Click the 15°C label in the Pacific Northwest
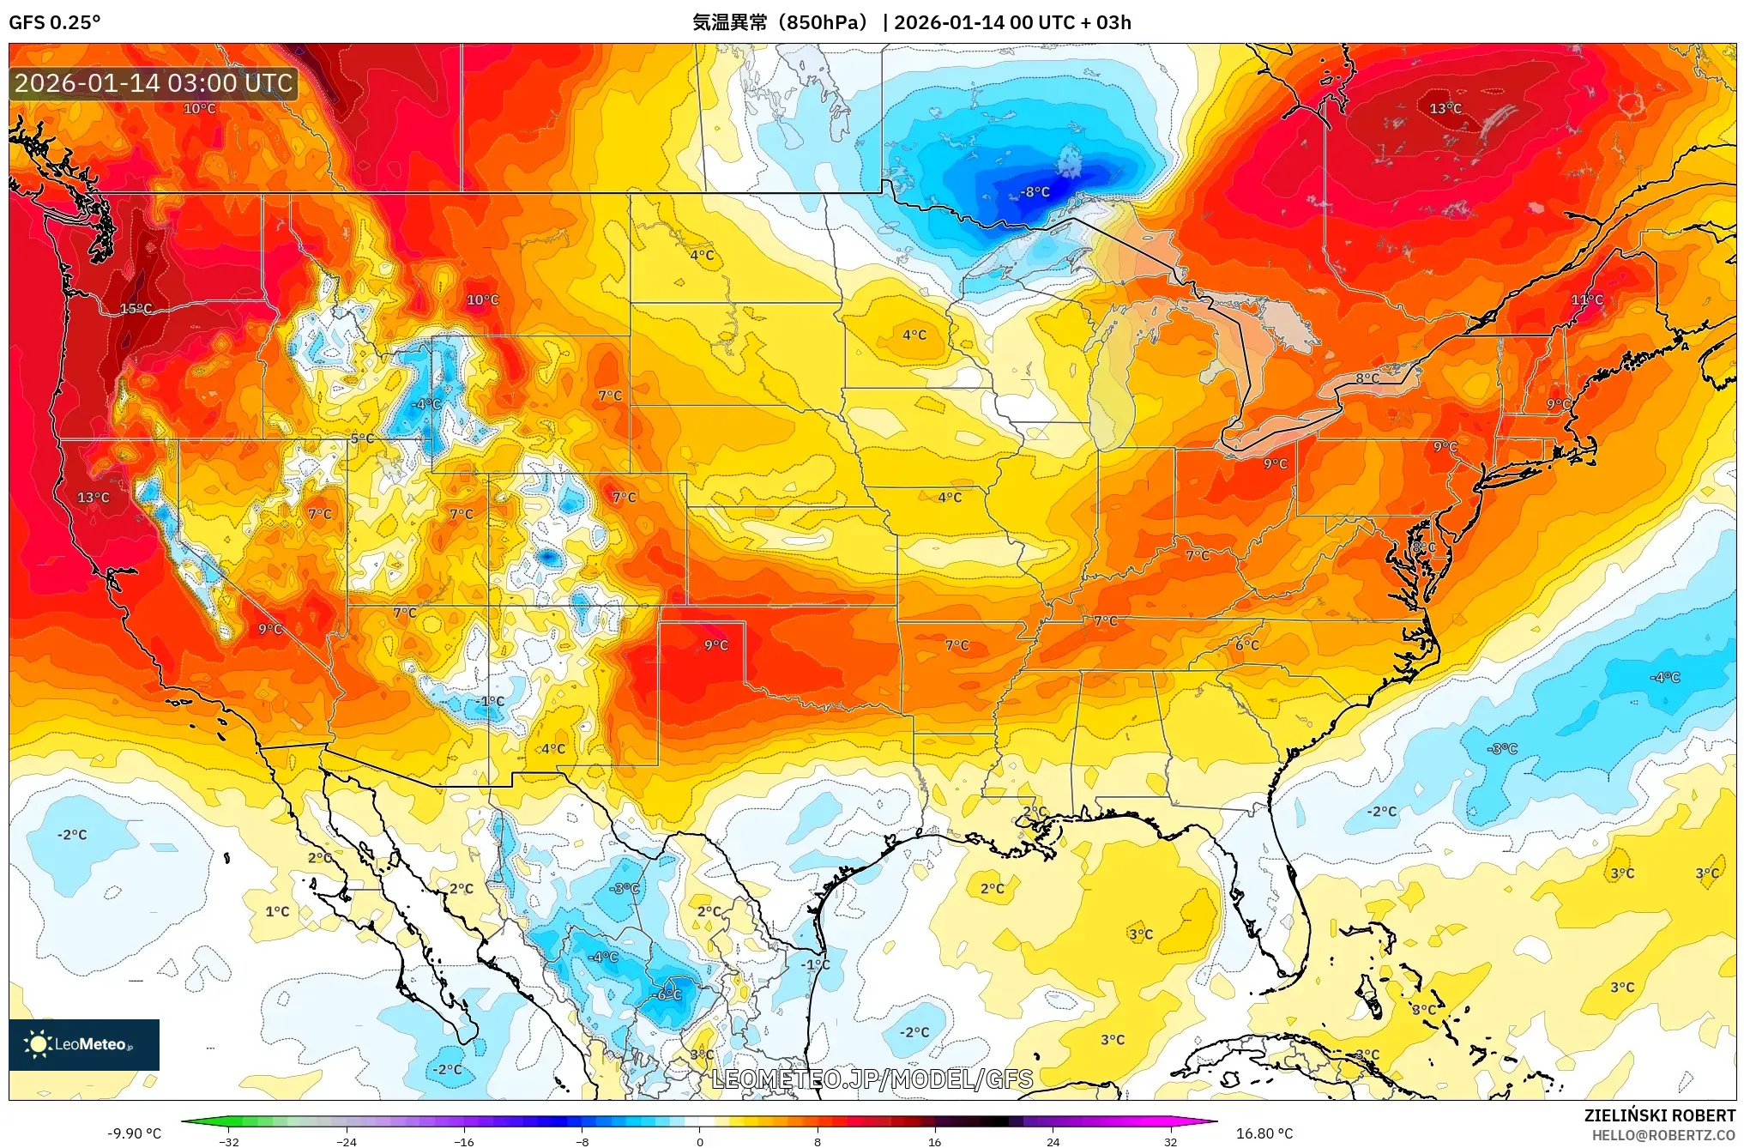pos(136,309)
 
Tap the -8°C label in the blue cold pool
pos(1035,192)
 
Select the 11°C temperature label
pos(1586,299)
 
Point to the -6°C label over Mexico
pos(667,994)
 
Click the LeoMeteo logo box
pos(84,1044)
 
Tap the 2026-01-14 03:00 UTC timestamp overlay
pos(154,83)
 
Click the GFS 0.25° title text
pos(54,22)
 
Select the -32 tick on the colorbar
pos(228,1142)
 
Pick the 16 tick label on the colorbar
pos(934,1142)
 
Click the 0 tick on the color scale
pos(700,1142)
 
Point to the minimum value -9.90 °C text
pos(134,1133)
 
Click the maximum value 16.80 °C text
pos(1264,1133)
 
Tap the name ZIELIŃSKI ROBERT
pos(1659,1115)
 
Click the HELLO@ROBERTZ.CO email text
pos(1663,1135)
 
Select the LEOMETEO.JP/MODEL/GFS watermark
pos(872,1079)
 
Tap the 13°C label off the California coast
pos(93,498)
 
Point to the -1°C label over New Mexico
pos(491,701)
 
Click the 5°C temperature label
pos(362,438)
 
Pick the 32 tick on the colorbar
pos(1170,1142)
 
